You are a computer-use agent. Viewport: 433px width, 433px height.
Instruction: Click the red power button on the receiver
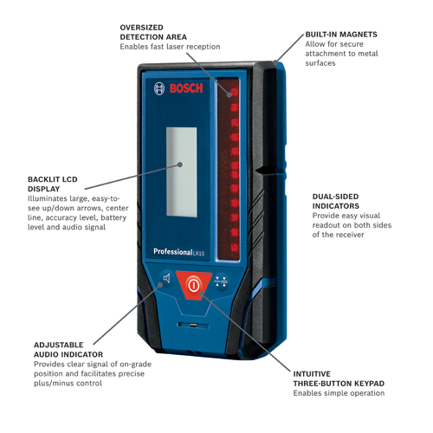[193, 283]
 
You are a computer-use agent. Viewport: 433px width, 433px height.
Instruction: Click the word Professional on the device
[172, 252]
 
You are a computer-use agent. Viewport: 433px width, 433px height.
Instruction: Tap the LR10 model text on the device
[200, 253]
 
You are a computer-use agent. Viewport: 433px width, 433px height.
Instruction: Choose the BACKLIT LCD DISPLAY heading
[52, 184]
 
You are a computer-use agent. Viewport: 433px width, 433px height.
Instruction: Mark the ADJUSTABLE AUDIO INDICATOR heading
[68, 349]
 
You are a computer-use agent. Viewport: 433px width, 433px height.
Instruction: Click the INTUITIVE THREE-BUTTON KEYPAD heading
[339, 378]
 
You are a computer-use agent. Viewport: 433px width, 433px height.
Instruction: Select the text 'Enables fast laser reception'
[170, 47]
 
